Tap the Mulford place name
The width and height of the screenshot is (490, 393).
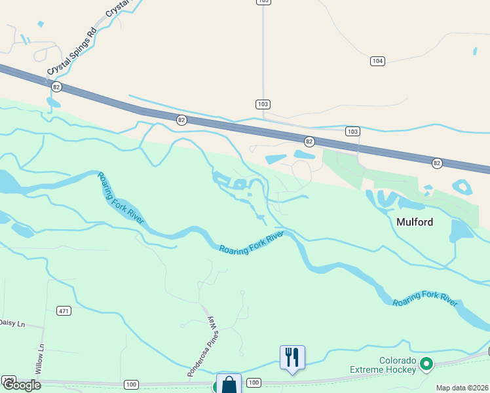pos(415,222)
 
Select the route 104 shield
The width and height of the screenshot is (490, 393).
pos(377,61)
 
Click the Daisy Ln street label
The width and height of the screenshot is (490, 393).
pos(12,323)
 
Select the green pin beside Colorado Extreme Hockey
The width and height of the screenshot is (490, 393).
pos(426,363)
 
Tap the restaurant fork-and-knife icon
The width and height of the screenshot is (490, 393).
pos(292,358)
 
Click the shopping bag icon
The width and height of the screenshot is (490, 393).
pos(229,384)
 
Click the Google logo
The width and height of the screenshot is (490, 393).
pos(22,385)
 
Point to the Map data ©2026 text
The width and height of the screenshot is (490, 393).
pos(462,388)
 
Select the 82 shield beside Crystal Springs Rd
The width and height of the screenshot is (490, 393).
pos(56,86)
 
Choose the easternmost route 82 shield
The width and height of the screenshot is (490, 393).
pos(437,162)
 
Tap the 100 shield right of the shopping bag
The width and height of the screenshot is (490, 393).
pos(254,383)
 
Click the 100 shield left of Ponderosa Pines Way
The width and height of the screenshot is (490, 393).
pos(131,384)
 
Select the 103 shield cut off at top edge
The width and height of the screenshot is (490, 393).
pos(263,2)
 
